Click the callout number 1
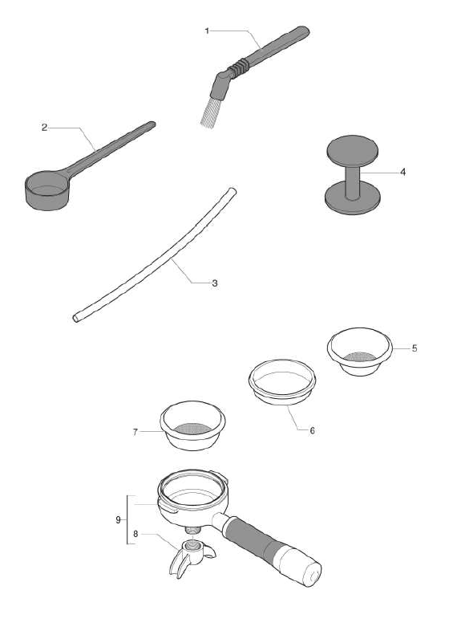point(207,31)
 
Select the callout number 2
point(45,128)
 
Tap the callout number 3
point(215,283)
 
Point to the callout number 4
point(403,172)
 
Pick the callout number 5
point(414,348)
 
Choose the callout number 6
point(312,431)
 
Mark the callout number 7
point(135,432)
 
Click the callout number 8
point(135,533)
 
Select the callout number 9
point(118,519)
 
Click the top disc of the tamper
point(352,149)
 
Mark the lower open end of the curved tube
point(75,318)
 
